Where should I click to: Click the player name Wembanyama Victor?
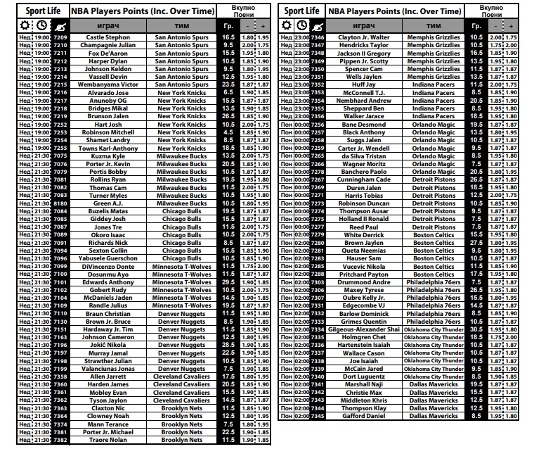[108, 84]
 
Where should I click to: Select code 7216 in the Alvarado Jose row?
[60, 92]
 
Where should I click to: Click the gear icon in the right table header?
[286, 25]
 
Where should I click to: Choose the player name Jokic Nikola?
[108, 346]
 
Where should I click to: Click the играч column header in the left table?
[108, 25]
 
